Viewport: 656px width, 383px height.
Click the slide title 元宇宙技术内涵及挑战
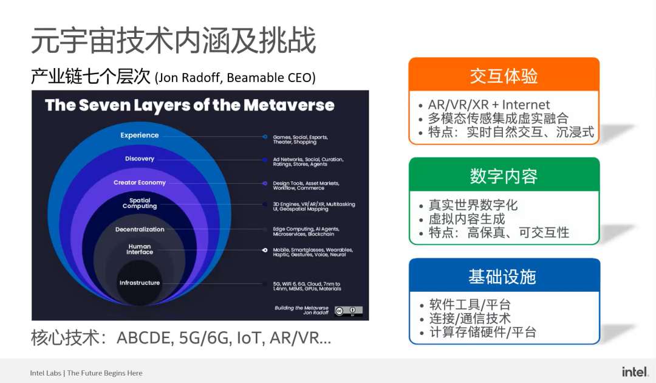(x=174, y=41)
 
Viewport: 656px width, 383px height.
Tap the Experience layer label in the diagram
(x=139, y=136)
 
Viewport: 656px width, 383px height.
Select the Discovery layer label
(x=139, y=159)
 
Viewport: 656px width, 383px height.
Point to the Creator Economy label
(x=139, y=182)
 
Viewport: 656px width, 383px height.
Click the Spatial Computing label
(x=139, y=203)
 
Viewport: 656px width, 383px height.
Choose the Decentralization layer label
(x=139, y=229)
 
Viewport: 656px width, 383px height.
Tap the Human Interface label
(x=139, y=249)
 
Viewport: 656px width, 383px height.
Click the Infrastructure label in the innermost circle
(x=139, y=283)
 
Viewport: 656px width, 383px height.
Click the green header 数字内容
(x=504, y=176)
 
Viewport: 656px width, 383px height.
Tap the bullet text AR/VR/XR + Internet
(x=489, y=105)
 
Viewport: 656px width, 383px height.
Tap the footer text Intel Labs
(x=46, y=373)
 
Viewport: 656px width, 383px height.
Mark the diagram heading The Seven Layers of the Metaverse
(x=190, y=105)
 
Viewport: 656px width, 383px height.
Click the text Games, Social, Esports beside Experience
(x=300, y=137)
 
